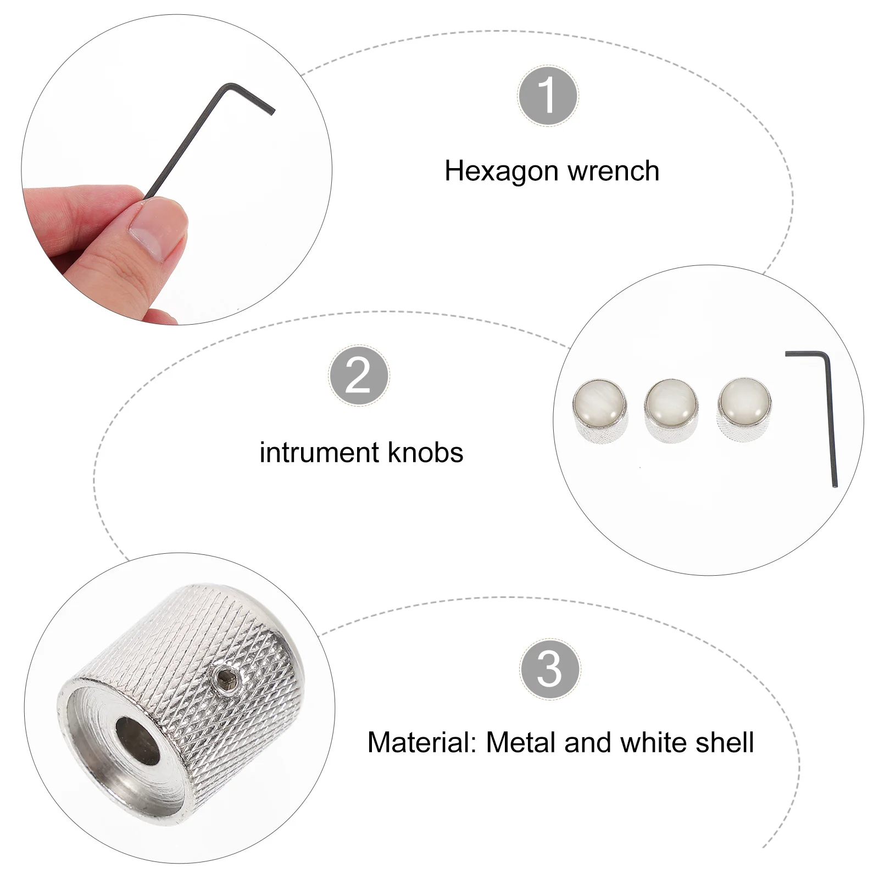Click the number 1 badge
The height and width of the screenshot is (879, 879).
(x=548, y=96)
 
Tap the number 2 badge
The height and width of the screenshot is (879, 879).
(x=359, y=376)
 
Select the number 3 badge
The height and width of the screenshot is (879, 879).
(x=549, y=669)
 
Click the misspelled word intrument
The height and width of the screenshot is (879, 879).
(x=319, y=453)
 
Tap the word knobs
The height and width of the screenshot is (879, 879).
(x=426, y=453)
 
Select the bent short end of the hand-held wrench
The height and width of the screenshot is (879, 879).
(x=250, y=98)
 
